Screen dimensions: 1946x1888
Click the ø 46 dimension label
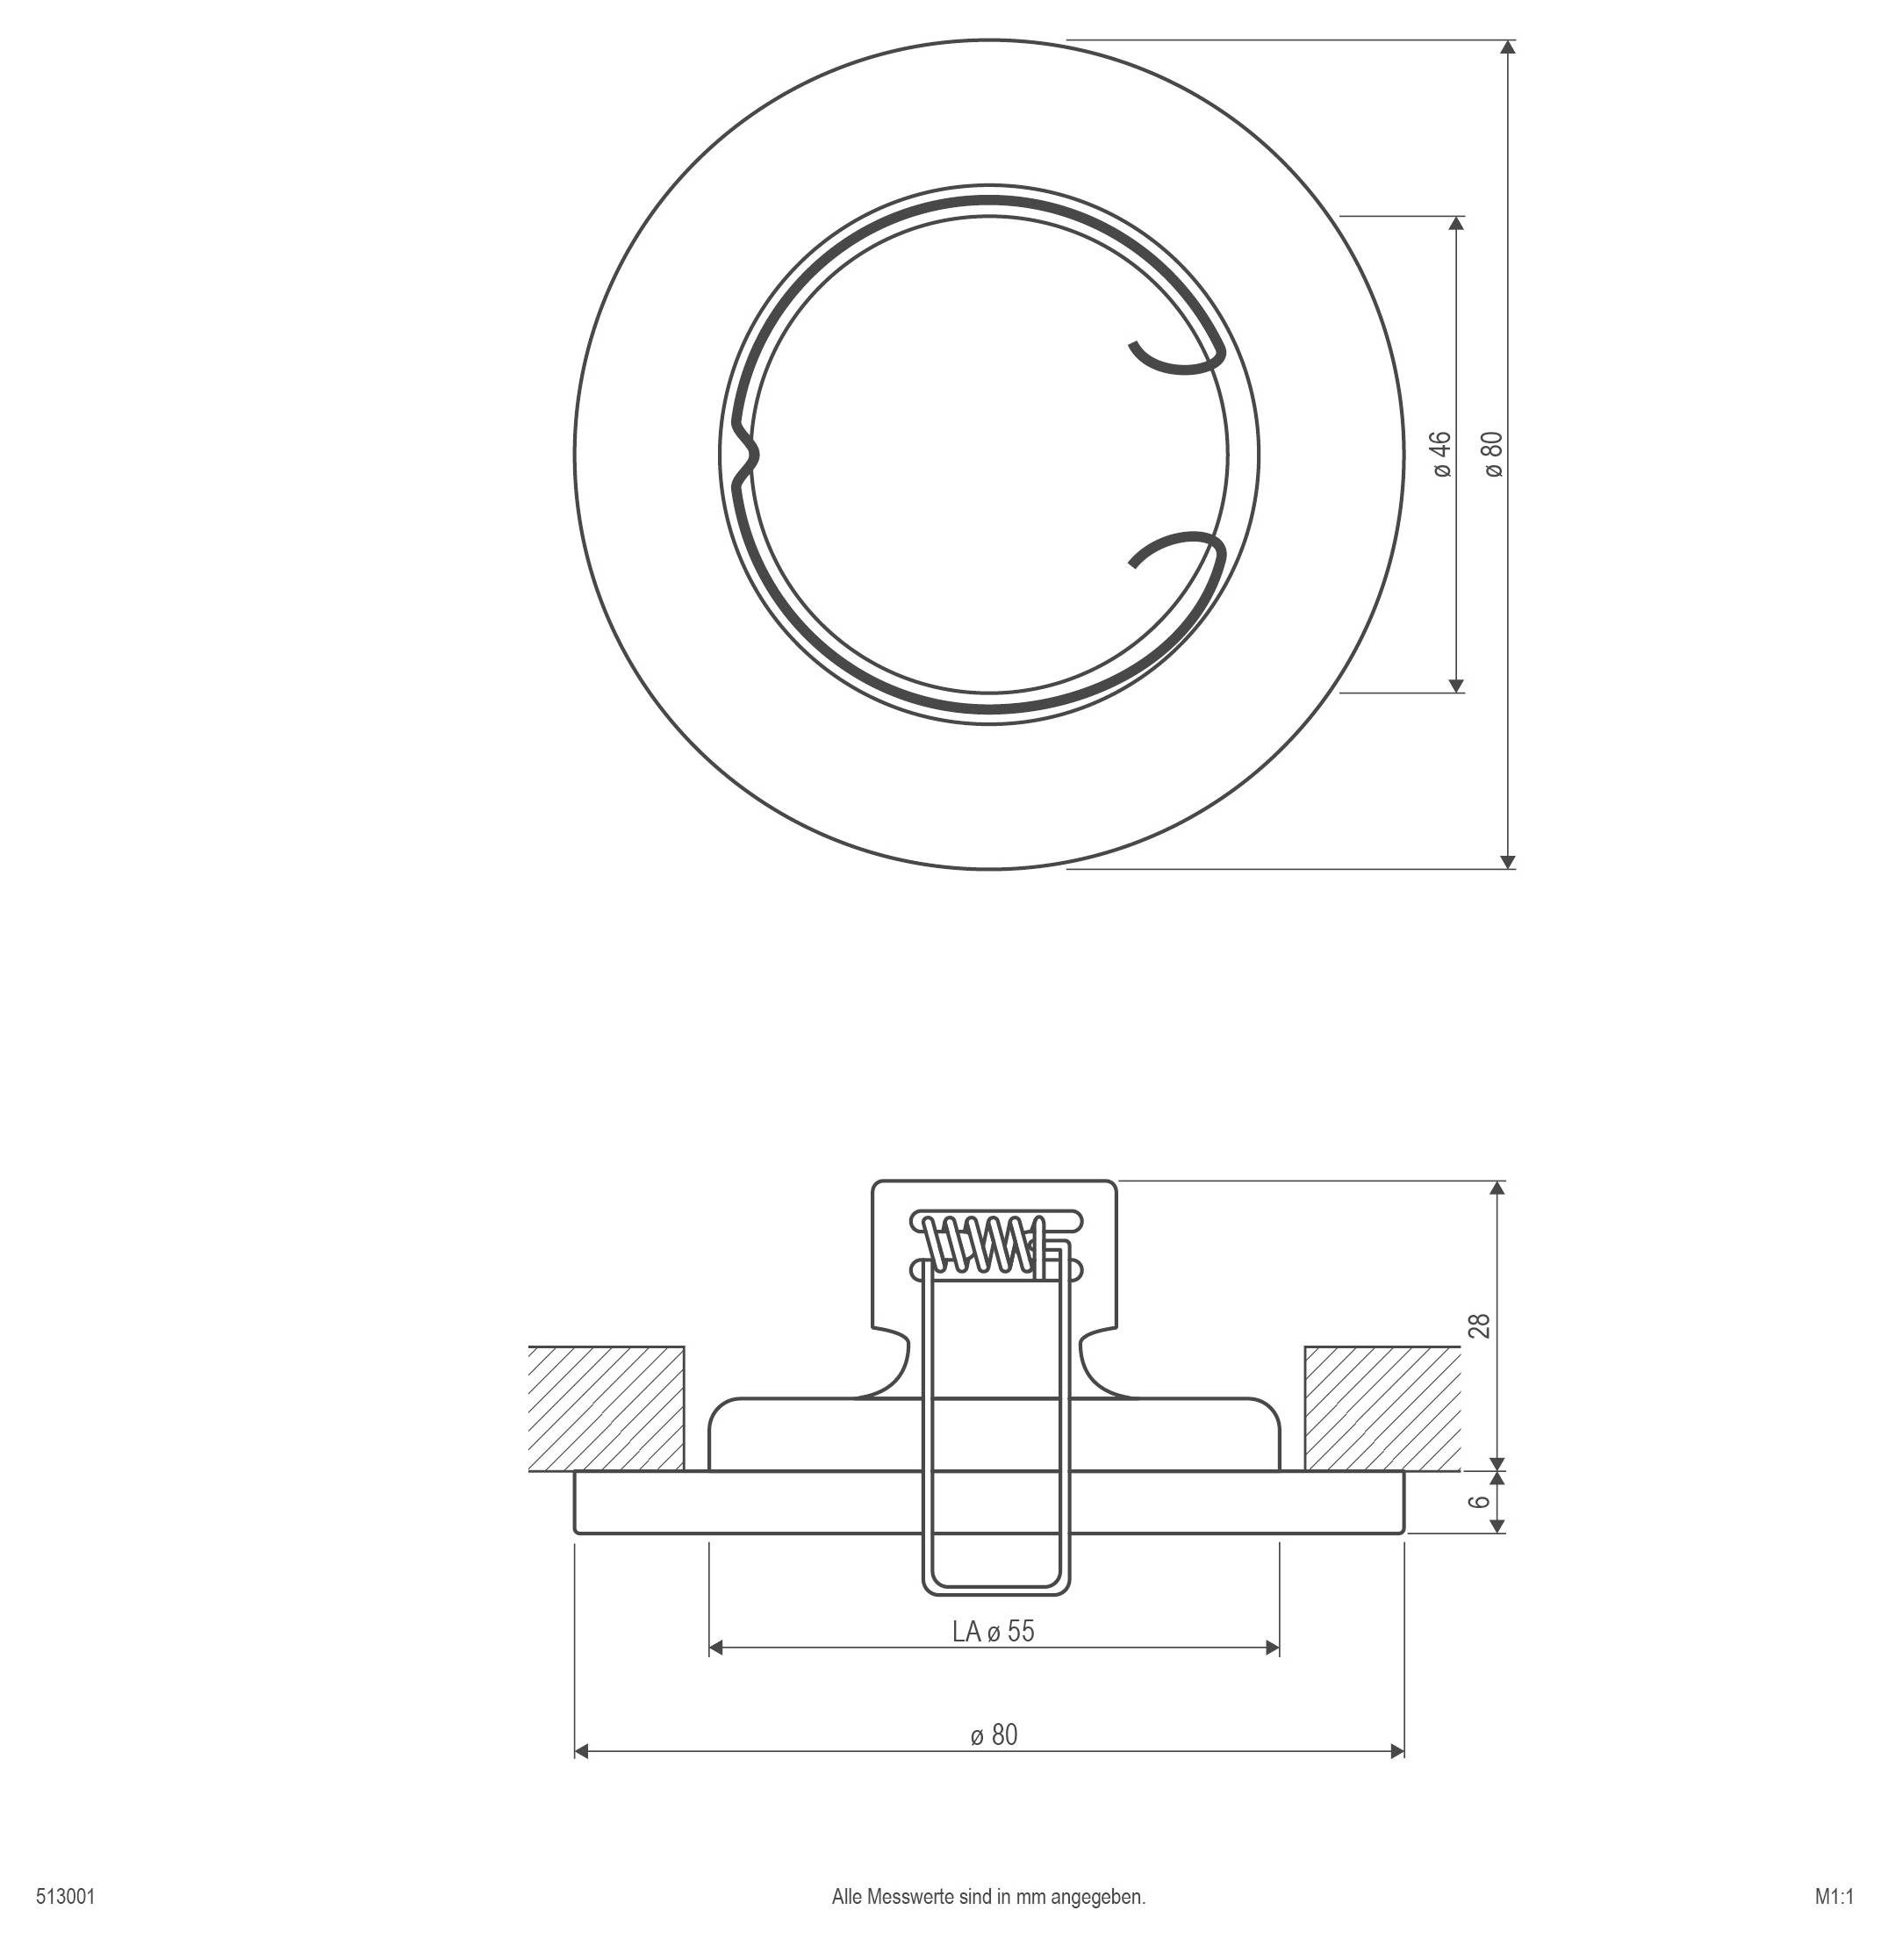tap(1442, 454)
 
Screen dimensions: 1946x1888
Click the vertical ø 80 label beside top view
tap(1494, 454)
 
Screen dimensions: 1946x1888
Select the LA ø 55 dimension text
tap(994, 1631)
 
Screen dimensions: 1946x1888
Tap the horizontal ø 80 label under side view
tap(994, 1734)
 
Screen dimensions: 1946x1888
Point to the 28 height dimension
tap(1480, 1325)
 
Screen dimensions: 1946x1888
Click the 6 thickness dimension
tap(1480, 1501)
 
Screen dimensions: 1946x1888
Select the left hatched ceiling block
tap(606, 1408)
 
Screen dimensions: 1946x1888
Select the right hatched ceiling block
tap(1382, 1408)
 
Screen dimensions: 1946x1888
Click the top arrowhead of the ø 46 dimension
tap(1456, 225)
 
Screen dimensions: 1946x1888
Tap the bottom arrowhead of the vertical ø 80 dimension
tap(1508, 861)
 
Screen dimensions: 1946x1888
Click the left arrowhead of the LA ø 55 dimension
tap(715, 1648)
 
